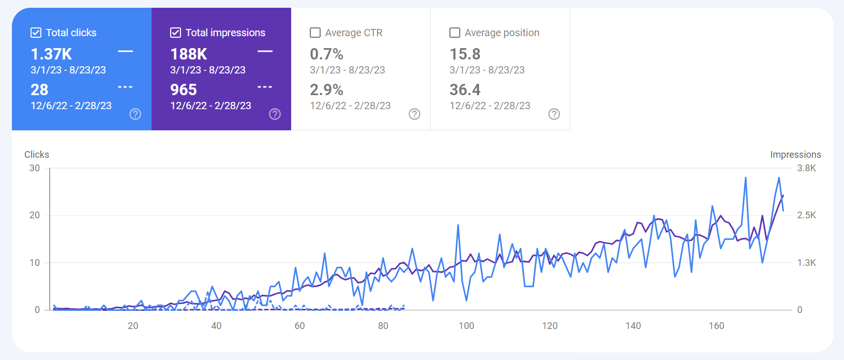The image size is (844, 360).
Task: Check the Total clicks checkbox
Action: point(36,33)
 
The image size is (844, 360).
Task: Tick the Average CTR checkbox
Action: point(315,33)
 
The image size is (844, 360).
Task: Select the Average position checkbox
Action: point(455,33)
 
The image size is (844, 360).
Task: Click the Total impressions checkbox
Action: point(175,33)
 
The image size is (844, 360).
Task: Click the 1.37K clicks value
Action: point(51,54)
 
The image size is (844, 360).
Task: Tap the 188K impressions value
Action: point(189,54)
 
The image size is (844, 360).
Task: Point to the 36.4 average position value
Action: point(465,89)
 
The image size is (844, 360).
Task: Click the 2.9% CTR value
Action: point(326,89)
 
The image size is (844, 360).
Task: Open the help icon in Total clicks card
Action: point(135,114)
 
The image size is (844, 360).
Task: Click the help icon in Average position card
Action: point(554,114)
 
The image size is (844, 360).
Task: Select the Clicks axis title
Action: point(37,155)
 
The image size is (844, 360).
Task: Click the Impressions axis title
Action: point(795,155)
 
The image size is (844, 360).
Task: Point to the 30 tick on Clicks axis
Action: point(35,168)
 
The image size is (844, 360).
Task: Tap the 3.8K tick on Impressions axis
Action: point(806,168)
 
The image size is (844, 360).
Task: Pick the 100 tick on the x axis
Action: point(466,326)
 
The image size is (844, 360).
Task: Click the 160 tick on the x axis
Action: point(716,326)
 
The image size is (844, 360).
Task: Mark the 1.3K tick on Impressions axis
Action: point(806,263)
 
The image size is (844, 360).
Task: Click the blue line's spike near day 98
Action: point(458,226)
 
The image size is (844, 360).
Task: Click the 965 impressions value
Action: point(184,89)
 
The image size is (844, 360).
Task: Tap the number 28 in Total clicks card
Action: point(39,89)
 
